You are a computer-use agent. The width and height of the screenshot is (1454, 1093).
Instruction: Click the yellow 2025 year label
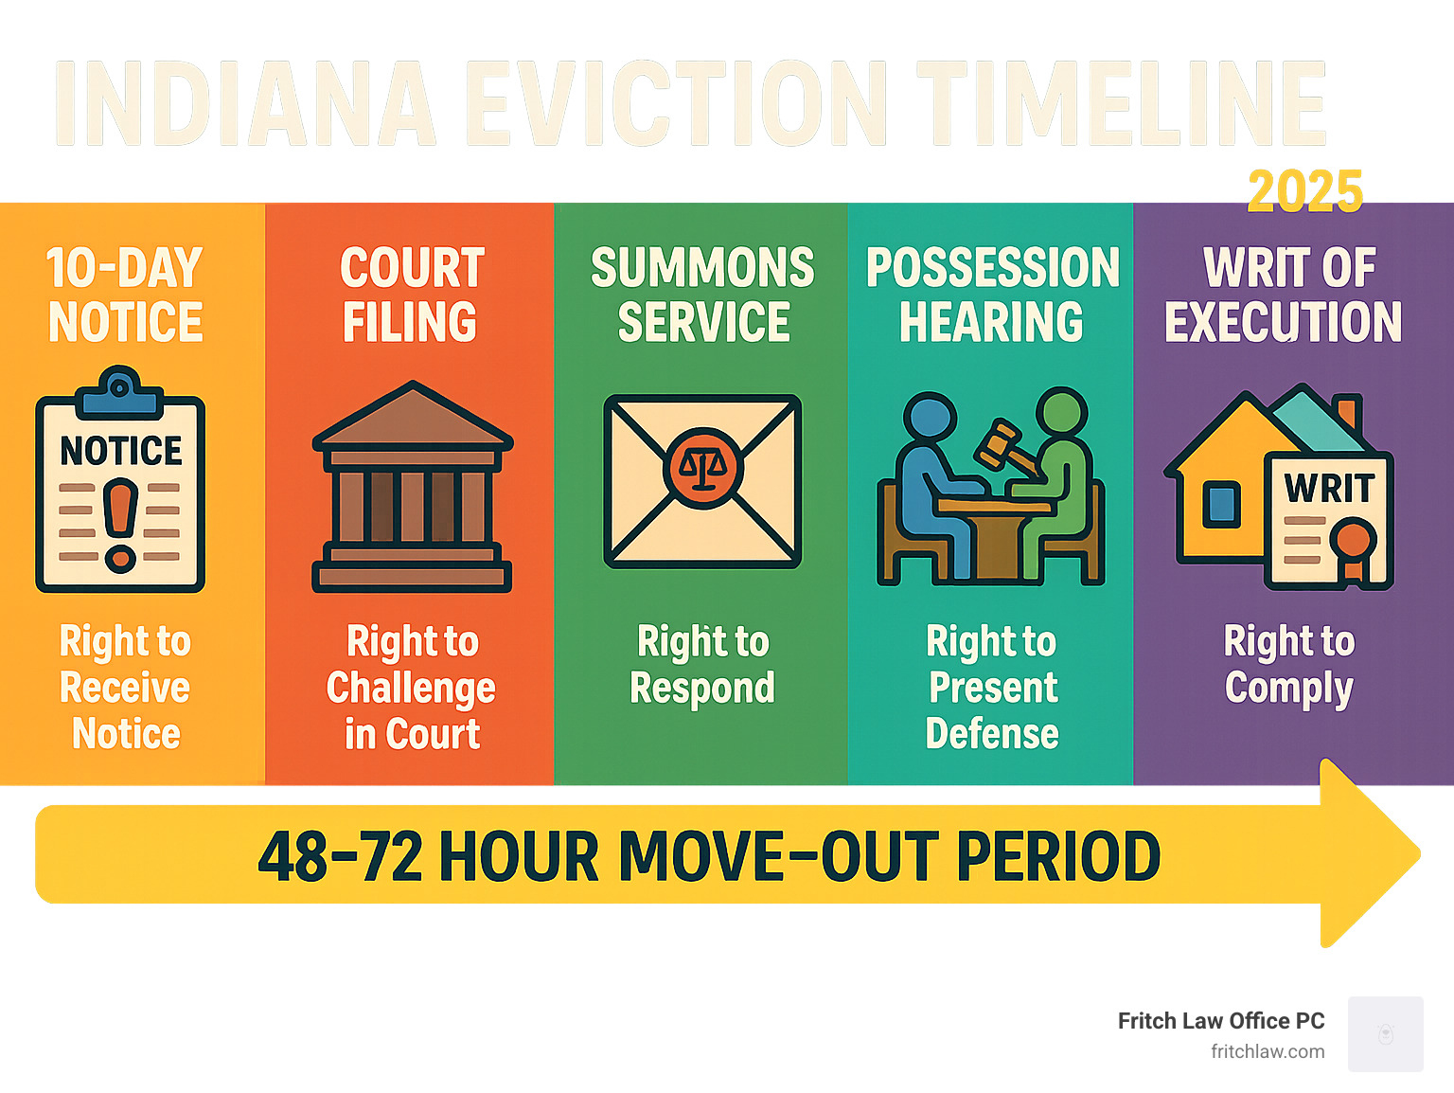tap(1304, 191)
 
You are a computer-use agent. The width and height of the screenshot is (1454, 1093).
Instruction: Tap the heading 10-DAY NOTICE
tap(125, 295)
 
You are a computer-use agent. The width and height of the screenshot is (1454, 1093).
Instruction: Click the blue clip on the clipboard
tap(119, 392)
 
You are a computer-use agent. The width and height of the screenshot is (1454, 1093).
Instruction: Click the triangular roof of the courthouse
tap(413, 416)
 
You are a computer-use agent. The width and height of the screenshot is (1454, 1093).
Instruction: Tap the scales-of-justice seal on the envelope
tap(701, 465)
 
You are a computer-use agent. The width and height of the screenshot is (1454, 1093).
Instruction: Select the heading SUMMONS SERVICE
tap(702, 295)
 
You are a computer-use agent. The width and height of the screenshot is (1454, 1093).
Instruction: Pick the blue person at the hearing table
tap(931, 474)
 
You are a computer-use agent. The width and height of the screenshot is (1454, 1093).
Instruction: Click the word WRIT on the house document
tap(1329, 489)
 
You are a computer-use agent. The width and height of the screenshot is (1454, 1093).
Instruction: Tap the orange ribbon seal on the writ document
tap(1353, 545)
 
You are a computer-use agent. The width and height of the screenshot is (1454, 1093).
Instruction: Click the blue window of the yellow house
tap(1221, 504)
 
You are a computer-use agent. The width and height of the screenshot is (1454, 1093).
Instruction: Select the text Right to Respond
tap(702, 665)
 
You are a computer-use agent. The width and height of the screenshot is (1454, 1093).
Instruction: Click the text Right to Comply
tap(1289, 665)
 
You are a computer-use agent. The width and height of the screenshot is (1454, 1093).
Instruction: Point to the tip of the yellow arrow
tap(1417, 853)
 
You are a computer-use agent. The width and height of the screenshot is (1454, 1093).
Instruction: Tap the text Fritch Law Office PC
tap(1220, 1021)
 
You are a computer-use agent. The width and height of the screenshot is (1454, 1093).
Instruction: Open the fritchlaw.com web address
tap(1268, 1051)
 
